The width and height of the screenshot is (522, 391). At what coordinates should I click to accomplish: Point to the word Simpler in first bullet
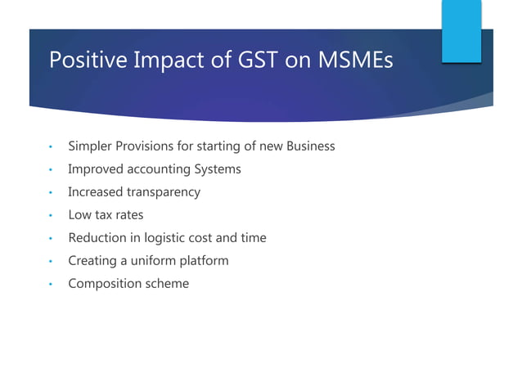[92, 146]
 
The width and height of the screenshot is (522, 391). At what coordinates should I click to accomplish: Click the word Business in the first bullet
[308, 146]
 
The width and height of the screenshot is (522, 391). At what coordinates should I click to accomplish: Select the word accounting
[160, 169]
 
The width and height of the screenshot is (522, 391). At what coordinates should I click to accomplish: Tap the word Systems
[217, 169]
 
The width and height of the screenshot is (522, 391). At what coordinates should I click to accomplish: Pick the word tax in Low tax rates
[103, 215]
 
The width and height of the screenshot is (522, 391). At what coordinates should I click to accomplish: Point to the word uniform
[164, 261]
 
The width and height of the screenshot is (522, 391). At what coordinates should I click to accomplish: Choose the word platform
[208, 261]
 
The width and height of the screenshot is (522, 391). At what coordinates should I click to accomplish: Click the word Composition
[103, 284]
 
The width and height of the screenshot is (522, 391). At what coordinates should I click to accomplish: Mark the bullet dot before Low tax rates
[50, 216]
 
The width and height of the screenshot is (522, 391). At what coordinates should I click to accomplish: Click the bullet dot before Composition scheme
[50, 285]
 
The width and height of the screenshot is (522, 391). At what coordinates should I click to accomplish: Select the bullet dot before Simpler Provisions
[50, 147]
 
